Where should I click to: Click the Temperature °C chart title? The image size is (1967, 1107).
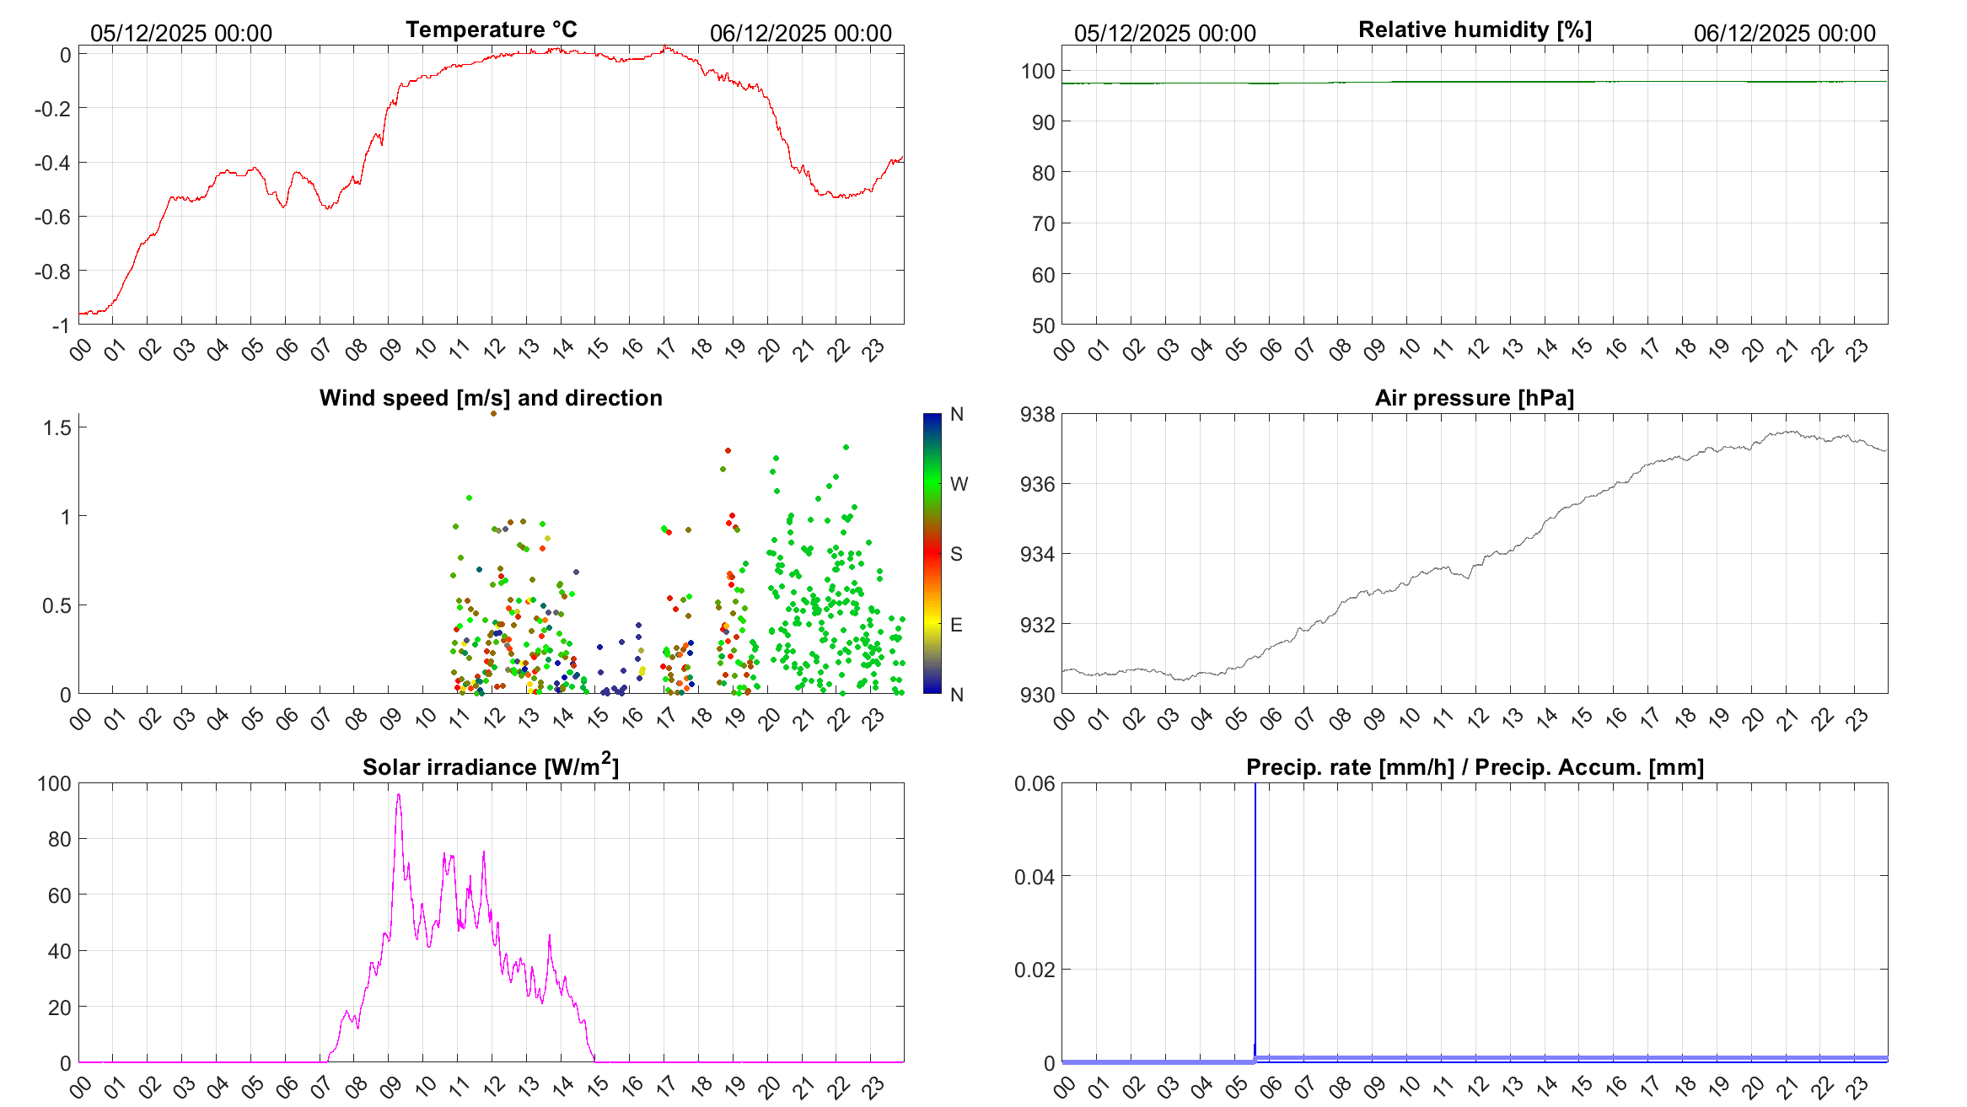[491, 30]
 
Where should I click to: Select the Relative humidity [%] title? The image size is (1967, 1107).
[1475, 30]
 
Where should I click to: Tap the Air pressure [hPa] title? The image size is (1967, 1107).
[1474, 398]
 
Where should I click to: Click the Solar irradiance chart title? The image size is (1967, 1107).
[490, 766]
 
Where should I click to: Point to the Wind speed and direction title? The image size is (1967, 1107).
[491, 398]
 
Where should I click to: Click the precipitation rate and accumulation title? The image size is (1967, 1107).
[1475, 767]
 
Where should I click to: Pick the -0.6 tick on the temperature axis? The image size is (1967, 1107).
[52, 218]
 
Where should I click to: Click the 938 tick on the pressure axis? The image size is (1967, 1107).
[1037, 415]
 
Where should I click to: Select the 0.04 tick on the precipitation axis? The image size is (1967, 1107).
[1034, 878]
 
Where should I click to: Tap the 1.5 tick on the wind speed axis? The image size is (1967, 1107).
[57, 428]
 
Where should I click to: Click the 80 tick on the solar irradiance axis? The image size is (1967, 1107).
[59, 840]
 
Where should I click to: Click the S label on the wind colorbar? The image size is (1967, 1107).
[956, 554]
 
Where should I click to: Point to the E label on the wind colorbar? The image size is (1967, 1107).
[956, 625]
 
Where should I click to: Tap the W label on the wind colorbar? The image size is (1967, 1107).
[959, 484]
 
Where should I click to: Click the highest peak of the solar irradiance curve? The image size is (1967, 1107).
[399, 795]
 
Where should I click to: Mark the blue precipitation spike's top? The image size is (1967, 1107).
[1255, 786]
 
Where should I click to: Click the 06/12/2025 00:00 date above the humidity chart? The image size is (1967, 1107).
[1784, 34]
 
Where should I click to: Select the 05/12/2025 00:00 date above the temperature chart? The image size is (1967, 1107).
[181, 34]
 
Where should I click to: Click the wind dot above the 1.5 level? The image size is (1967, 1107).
[493, 413]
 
